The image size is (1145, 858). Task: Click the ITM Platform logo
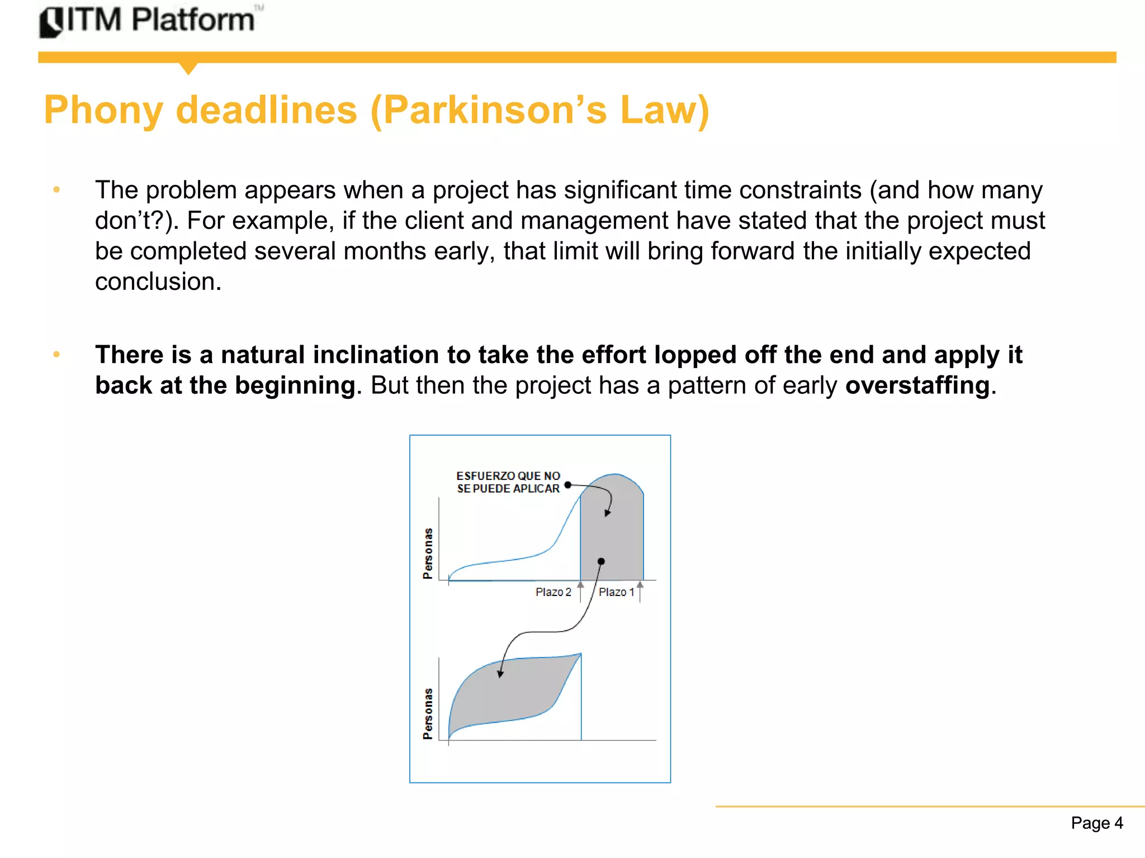coord(148,21)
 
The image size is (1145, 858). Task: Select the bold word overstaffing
coord(917,385)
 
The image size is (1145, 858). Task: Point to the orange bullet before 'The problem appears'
coord(56,190)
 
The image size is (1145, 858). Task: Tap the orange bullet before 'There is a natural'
coord(56,355)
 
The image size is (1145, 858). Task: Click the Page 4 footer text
coord(1096,823)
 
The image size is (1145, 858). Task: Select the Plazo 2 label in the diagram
coord(553,592)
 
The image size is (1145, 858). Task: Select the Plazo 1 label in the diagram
coord(616,592)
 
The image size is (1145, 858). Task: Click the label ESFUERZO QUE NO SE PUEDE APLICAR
coord(508,482)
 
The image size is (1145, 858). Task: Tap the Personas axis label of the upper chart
coord(428,553)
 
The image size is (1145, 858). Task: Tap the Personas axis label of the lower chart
coord(428,713)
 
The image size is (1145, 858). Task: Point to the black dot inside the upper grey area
coord(601,561)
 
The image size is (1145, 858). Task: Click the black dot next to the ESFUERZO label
coord(568,485)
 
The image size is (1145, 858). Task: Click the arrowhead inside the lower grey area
coord(500,674)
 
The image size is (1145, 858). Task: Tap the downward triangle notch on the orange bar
coord(189,68)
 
